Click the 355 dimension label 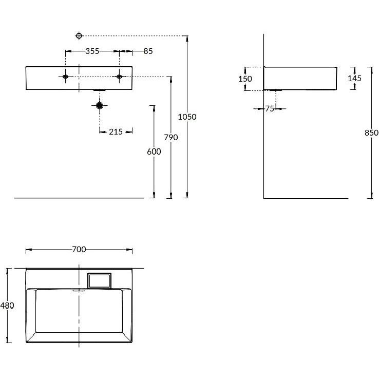[92, 51]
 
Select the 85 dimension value [148, 51]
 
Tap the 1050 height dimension [187, 117]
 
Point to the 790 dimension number [171, 138]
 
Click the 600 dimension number [154, 152]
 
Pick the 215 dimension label [116, 132]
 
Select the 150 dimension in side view [245, 79]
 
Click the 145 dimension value [354, 78]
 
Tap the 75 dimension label [270, 109]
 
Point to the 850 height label [371, 132]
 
